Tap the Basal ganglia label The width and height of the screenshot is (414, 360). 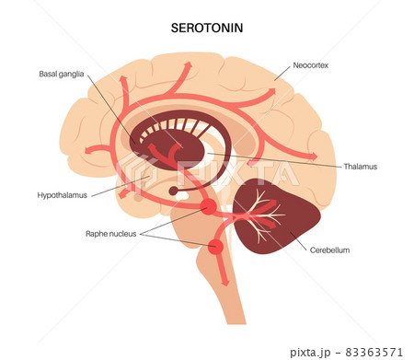click(62, 75)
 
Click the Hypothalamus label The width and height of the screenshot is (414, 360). click(63, 195)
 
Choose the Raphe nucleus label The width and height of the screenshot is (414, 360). click(110, 234)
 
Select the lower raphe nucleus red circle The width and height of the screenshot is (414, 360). click(216, 247)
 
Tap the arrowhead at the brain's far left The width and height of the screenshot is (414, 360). click(86, 150)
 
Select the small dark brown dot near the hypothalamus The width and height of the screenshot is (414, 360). click(174, 192)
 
